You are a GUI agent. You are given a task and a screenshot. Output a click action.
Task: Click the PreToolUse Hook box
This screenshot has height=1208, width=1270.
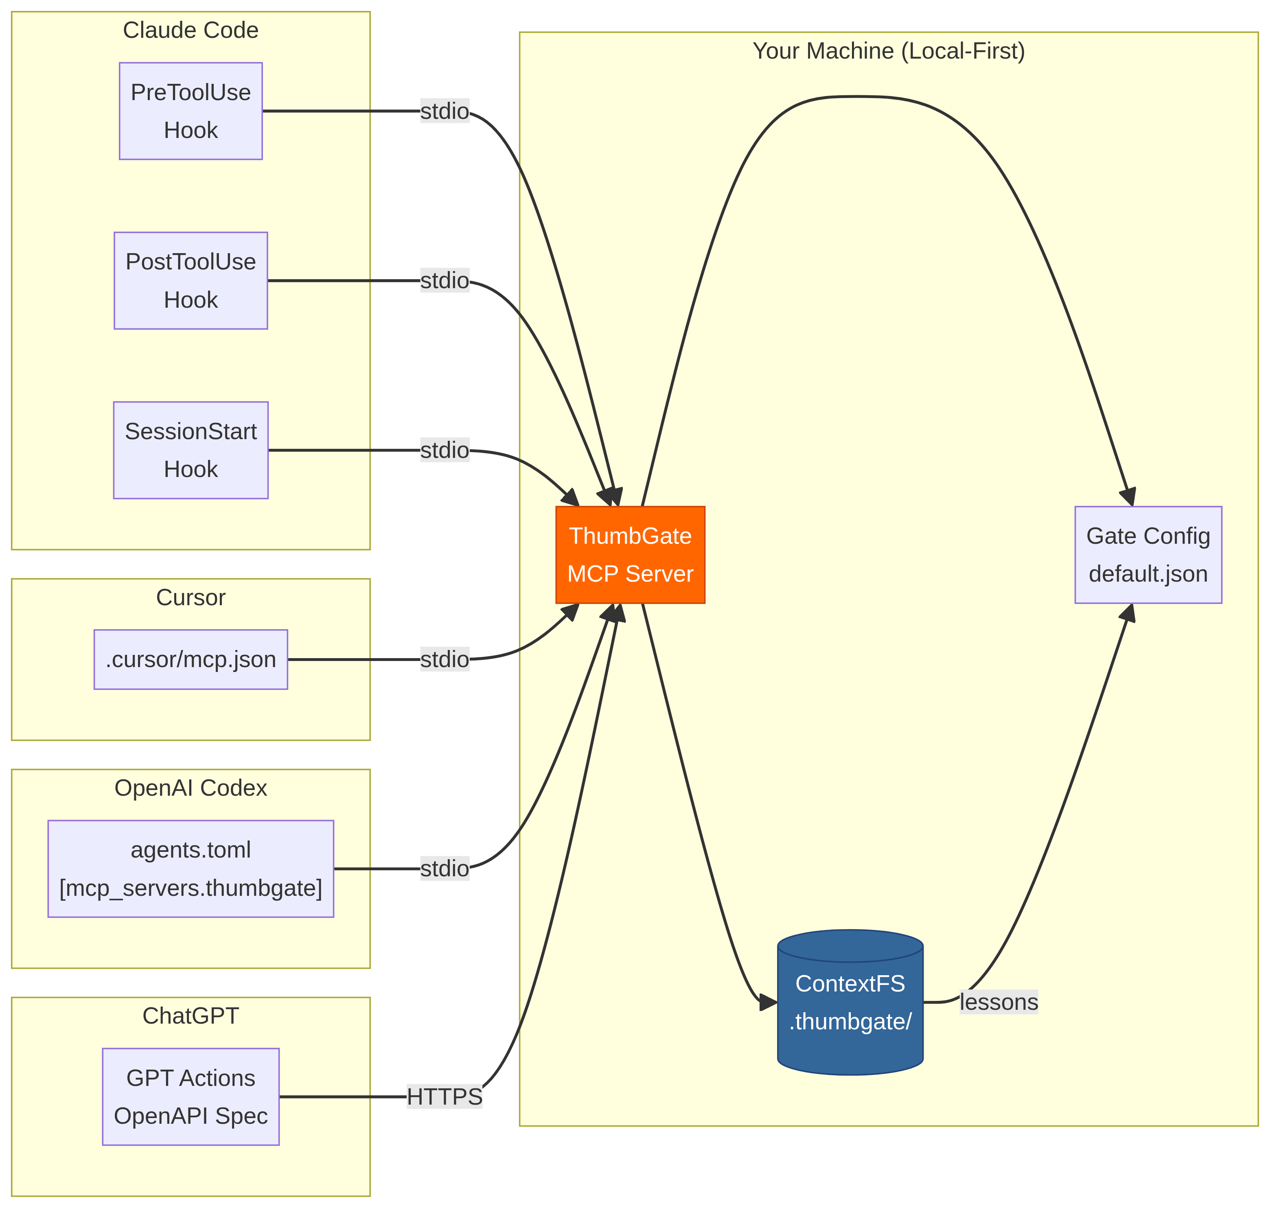(x=190, y=111)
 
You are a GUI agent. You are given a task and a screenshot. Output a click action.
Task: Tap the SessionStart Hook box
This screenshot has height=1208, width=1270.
(x=190, y=450)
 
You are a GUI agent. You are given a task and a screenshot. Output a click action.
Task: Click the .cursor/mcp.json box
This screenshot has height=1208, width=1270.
(x=190, y=659)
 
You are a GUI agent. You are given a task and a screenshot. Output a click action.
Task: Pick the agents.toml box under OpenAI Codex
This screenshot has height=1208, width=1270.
(x=190, y=869)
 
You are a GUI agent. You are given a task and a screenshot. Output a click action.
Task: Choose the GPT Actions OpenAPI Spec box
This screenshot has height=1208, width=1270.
(x=190, y=1096)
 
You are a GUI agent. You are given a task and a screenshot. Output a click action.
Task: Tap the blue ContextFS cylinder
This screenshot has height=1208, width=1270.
(x=850, y=1002)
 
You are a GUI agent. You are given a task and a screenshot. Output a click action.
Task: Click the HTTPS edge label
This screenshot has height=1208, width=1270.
(x=444, y=1096)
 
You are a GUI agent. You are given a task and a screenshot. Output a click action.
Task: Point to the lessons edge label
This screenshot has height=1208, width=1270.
(x=998, y=1002)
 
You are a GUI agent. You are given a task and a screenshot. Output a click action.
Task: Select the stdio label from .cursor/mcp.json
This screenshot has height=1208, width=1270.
(x=444, y=659)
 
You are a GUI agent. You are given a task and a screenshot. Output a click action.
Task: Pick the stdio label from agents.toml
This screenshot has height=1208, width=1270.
(x=444, y=869)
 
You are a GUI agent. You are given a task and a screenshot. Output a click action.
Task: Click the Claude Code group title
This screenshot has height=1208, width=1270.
(x=190, y=30)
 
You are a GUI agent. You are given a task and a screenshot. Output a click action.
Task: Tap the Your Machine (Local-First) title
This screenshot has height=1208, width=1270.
(x=888, y=51)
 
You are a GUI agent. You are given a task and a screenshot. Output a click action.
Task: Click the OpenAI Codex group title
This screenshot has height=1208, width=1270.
(x=190, y=788)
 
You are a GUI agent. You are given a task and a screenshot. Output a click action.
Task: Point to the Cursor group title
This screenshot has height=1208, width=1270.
(x=190, y=597)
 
